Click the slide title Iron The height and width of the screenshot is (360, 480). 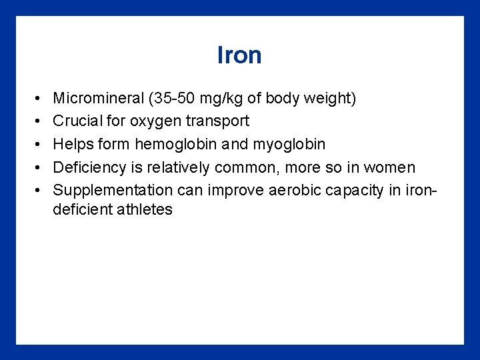point(239,55)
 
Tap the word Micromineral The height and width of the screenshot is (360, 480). point(97,99)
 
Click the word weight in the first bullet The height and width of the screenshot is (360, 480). point(329,99)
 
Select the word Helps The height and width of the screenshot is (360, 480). point(73,144)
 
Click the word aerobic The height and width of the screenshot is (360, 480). point(293,190)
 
